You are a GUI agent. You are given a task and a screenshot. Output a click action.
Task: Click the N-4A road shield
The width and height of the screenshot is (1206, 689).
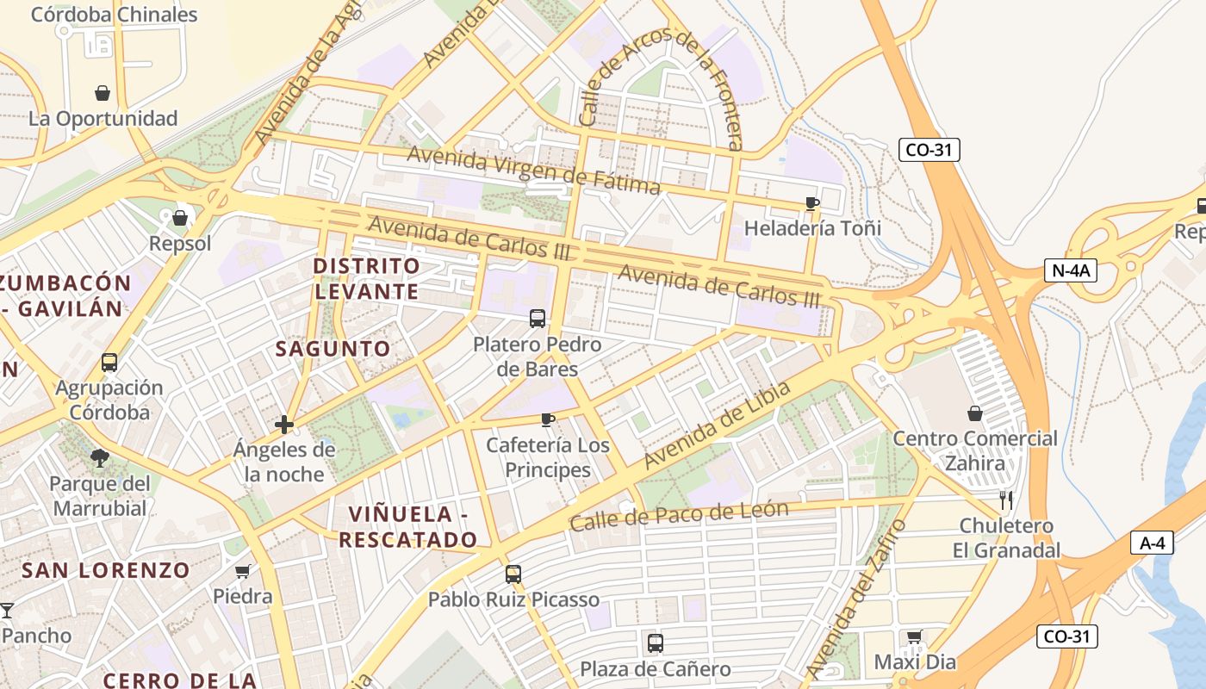coord(1071,270)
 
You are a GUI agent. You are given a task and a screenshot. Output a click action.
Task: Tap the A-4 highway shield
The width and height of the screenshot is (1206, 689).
coord(1152,543)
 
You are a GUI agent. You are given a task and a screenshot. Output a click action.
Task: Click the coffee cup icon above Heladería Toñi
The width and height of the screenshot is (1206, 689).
coord(811,203)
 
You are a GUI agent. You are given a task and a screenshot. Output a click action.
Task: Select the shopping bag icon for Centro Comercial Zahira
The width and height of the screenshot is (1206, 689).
coord(974,413)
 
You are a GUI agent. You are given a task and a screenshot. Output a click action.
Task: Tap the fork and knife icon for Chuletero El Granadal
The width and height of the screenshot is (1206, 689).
coord(1005,500)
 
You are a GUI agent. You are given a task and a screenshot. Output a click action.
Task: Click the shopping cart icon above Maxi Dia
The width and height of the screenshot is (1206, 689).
coord(914,637)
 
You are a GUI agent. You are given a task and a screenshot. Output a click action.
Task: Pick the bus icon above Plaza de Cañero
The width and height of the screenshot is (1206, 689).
coord(655,643)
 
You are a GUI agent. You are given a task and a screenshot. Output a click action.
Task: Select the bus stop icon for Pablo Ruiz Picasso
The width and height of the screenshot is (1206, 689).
coord(513,574)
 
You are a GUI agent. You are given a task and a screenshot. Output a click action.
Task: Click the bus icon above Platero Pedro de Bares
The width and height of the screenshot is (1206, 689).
coord(538,319)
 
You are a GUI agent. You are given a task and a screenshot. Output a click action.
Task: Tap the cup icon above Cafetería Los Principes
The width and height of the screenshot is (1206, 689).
coord(547,419)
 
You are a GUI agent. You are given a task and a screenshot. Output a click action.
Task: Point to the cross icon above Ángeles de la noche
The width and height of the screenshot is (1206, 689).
coord(283,424)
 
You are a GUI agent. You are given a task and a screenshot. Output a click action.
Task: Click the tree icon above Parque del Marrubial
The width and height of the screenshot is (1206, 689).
coord(100,457)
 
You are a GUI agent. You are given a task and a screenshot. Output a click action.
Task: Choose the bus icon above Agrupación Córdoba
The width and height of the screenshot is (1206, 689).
coord(109,362)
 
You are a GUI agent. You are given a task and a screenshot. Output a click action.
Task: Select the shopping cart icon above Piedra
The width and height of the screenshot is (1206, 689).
coord(243,571)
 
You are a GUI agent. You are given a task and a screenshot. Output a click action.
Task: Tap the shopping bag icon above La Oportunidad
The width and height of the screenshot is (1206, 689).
coord(103,93)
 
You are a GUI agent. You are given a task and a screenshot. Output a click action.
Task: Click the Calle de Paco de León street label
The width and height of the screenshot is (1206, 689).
coord(678,515)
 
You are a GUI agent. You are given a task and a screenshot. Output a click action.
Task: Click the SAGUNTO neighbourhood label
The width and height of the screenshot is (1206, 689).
coord(333,349)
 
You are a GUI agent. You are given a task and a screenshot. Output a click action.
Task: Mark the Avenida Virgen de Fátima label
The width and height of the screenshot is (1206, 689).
coord(533,170)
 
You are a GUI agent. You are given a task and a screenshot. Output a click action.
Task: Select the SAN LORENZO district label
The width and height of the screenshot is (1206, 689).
coord(105,570)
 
